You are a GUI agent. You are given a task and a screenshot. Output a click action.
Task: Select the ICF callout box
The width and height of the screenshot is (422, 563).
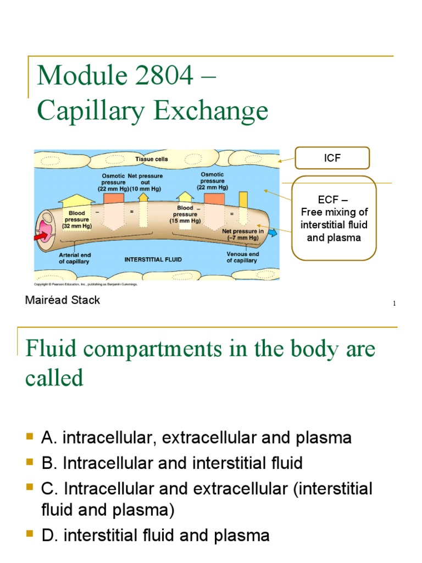pos(332,158)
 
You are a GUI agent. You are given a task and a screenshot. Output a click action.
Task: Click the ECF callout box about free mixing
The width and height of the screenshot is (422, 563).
pos(334,218)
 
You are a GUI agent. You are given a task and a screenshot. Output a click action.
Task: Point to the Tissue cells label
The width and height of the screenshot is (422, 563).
pos(152,159)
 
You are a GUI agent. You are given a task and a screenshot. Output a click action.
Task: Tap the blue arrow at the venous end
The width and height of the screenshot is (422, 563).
pos(273,233)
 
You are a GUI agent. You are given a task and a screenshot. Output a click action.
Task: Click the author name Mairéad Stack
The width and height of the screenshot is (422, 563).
pos(63,300)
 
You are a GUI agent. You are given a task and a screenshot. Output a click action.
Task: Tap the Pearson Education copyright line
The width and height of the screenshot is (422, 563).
pos(86,284)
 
